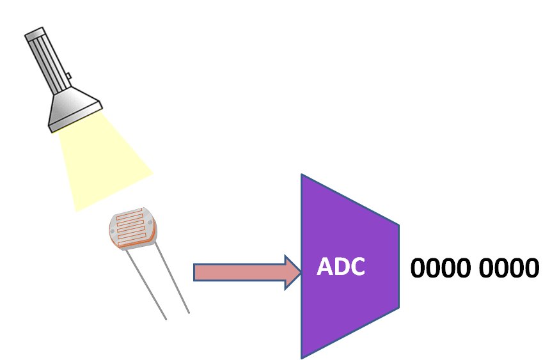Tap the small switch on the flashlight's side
(x=68, y=77)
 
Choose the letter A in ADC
(x=326, y=267)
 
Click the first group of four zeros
(x=441, y=269)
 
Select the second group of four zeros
(x=510, y=269)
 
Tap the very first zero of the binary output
(x=418, y=269)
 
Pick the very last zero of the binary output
(x=531, y=269)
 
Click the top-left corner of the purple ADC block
(x=303, y=175)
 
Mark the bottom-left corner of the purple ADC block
(x=303, y=357)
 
